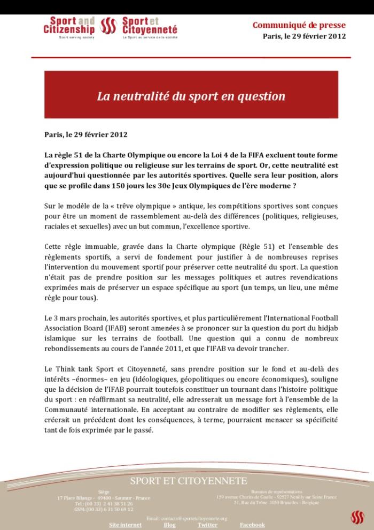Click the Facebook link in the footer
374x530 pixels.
point(252,525)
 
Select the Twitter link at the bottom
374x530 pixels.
point(207,525)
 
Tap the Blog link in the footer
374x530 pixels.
point(169,525)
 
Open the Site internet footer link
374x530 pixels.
point(125,525)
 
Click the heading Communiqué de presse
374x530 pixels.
point(299,25)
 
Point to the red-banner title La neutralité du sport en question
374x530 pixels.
point(191,96)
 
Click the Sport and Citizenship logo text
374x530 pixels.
point(69,25)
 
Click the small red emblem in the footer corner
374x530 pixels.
point(357,517)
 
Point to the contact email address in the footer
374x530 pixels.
point(186,518)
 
